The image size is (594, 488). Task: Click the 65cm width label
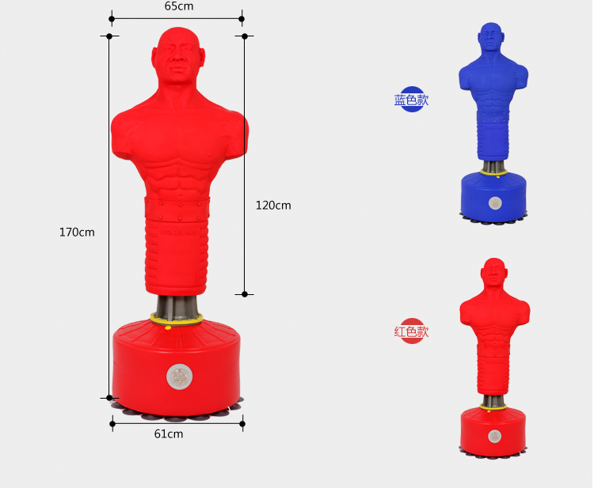[179, 6]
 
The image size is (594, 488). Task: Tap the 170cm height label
[77, 232]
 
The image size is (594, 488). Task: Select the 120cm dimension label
[273, 205]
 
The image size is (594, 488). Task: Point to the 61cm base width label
[169, 433]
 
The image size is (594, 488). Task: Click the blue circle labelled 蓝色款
[411, 100]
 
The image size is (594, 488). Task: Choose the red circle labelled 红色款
[411, 331]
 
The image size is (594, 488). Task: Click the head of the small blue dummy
[491, 36]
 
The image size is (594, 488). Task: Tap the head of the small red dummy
[493, 272]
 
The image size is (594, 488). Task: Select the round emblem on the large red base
[179, 376]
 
